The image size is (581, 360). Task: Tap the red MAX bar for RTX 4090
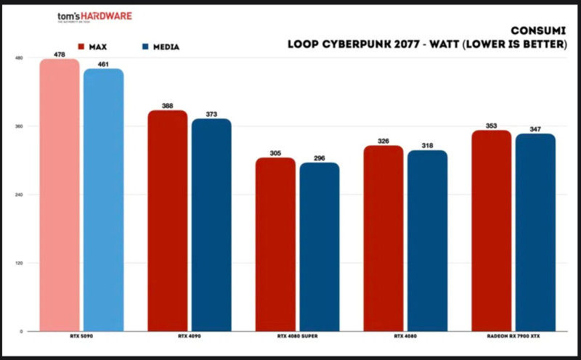click(x=168, y=221)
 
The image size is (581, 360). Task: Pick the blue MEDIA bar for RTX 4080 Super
click(x=320, y=247)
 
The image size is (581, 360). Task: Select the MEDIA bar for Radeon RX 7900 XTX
click(x=535, y=232)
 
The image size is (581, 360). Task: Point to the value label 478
click(x=60, y=54)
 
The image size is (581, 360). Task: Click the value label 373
click(x=211, y=114)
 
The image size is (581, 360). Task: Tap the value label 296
click(x=320, y=157)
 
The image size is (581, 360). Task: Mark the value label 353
click(x=492, y=126)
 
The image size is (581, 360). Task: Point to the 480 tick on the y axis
click(x=20, y=58)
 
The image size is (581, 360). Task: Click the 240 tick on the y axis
click(x=20, y=195)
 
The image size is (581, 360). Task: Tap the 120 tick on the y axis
click(x=20, y=263)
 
